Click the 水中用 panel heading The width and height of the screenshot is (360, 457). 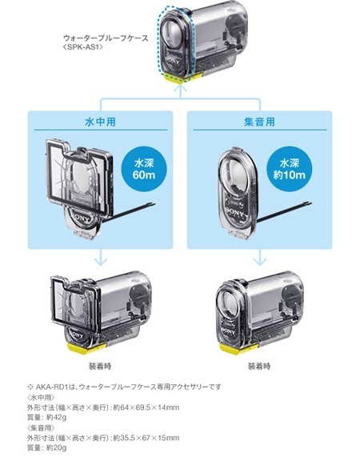point(100,122)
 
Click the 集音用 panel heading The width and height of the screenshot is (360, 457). point(259,122)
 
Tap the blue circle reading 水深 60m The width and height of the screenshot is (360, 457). point(144,169)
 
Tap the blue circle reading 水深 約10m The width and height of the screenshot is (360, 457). point(290,169)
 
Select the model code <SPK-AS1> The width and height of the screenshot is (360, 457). point(83,47)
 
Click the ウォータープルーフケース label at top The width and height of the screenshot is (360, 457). point(106,38)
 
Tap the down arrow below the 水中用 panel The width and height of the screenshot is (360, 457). point(100,257)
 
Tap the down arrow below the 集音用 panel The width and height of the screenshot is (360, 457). point(259,257)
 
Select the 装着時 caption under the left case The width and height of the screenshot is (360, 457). point(100,366)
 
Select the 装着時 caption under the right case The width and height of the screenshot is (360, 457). point(259,366)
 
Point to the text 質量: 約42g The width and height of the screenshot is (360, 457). point(47,417)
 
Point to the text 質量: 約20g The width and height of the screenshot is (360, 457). point(47,447)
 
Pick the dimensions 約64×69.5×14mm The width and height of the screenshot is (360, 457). point(146,407)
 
